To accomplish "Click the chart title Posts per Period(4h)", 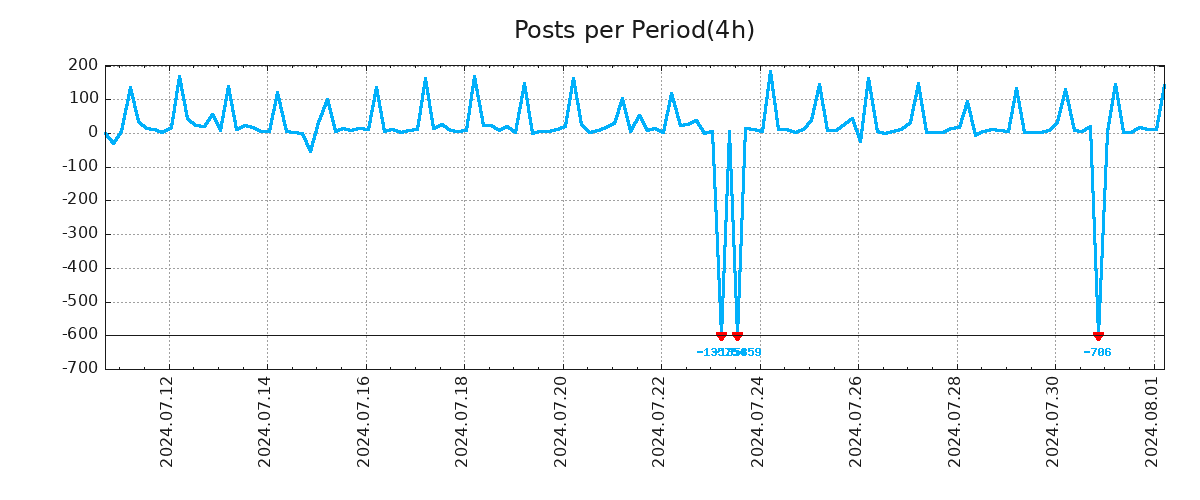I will coord(634,31).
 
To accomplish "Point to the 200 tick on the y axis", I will coord(84,66).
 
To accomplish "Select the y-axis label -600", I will coord(80,335).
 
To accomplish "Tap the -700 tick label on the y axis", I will coord(80,369).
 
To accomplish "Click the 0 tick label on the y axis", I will coord(93,133).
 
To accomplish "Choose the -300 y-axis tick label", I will coord(80,234).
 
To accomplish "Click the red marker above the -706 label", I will coord(1098,336).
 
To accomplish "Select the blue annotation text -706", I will coord(1097,353).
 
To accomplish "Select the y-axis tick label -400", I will coord(80,268).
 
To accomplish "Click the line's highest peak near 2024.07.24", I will coord(770,72).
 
